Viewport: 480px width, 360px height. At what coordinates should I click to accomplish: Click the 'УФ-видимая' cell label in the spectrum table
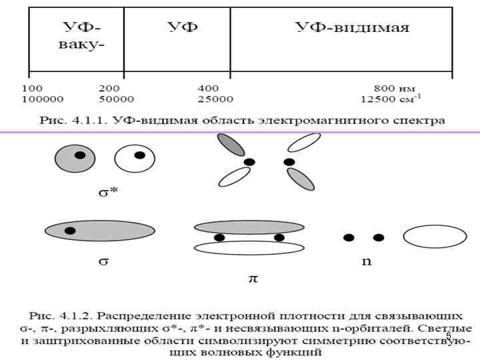353,27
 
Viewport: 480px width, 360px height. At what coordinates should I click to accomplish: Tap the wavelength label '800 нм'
394,88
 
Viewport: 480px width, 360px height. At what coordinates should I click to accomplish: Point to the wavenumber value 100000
43,99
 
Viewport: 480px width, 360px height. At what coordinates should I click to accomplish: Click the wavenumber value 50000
116,99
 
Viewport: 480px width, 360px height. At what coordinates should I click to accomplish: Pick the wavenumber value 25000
215,99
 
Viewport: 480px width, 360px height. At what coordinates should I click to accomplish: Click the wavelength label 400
209,88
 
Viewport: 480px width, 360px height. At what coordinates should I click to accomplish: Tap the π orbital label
253,278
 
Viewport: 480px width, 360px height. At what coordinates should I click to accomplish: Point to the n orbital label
367,261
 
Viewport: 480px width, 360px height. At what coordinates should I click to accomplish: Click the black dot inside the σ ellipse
70,231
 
